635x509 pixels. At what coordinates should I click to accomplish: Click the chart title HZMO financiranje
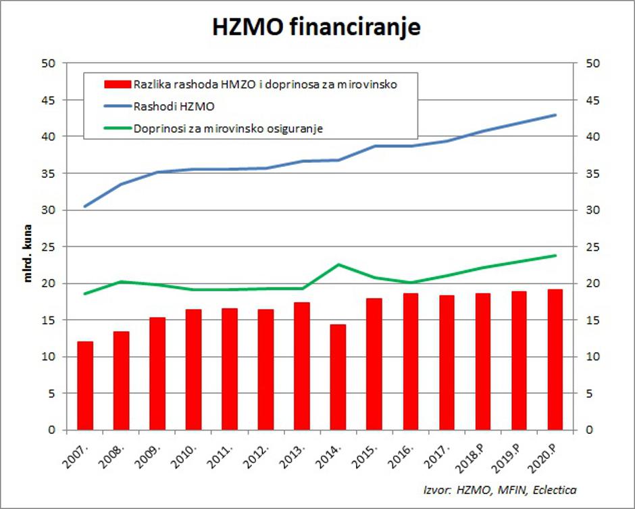point(317,26)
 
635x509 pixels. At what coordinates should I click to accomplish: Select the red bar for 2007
point(85,385)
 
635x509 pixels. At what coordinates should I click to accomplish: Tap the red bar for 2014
point(338,377)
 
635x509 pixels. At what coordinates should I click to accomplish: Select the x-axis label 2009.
point(154,455)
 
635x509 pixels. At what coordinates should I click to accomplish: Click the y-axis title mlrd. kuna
point(28,258)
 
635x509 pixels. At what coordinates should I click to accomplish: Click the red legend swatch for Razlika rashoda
point(116,84)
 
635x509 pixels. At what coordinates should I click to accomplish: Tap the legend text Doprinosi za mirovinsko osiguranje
point(228,128)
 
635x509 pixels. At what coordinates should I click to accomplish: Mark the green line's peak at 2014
point(338,264)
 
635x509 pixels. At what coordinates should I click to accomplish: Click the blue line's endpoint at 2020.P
point(555,115)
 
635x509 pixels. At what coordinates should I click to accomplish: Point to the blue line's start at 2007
point(85,206)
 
